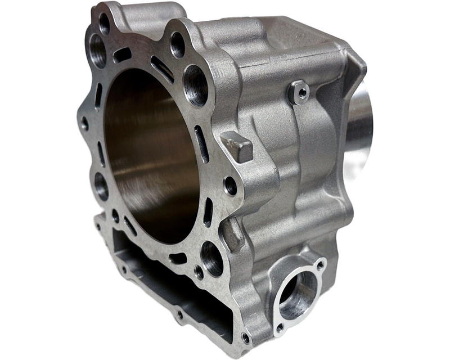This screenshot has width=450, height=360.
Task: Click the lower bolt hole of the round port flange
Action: pyautogui.click(x=280, y=327)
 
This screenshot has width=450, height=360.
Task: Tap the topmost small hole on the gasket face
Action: pyautogui.click(x=105, y=23)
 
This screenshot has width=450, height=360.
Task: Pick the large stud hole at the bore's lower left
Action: pyautogui.click(x=101, y=186)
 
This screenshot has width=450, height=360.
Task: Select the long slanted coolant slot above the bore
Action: pyautogui.click(x=163, y=69)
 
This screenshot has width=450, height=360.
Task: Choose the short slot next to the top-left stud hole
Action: pyautogui.click(x=123, y=55)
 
